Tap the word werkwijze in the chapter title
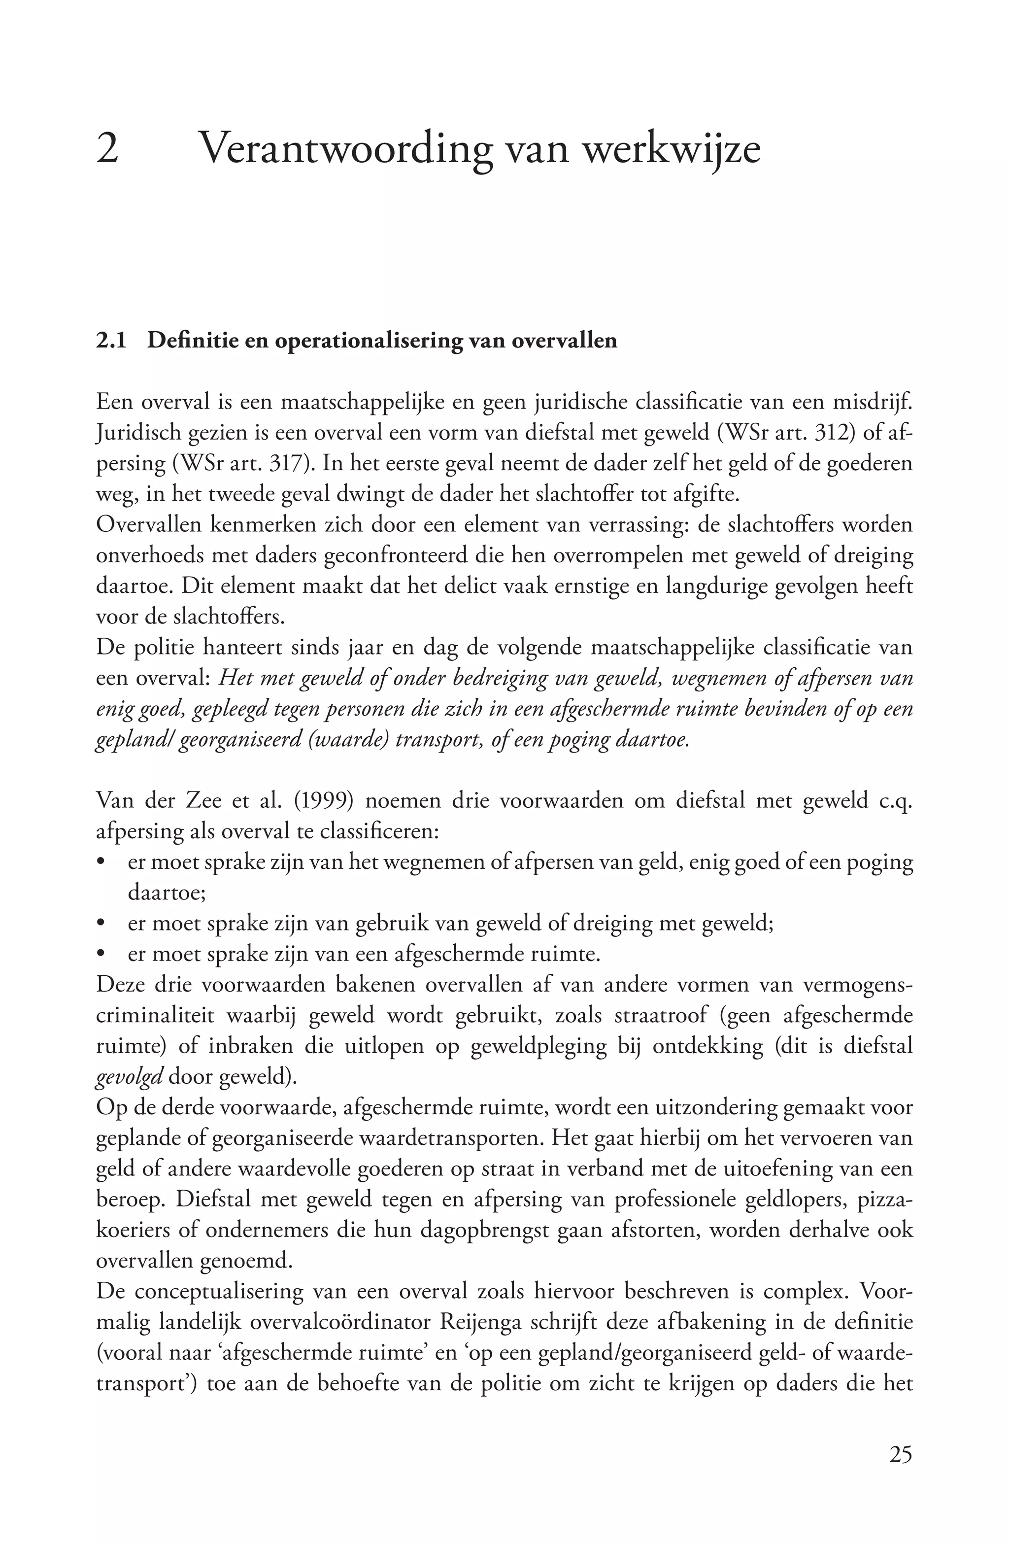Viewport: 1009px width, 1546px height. tap(672, 149)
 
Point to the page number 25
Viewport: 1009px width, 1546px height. tap(901, 1454)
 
